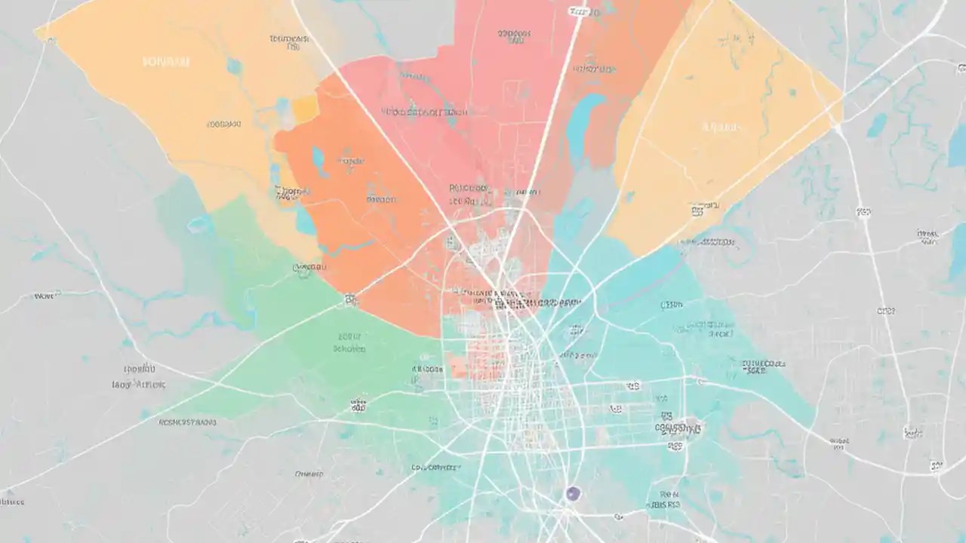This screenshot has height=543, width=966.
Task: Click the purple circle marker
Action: click(573, 494)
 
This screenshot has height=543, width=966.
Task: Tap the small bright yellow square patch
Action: click(305, 109)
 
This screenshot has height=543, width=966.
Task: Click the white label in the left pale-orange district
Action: click(166, 62)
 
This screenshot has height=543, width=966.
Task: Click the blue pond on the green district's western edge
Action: click(200, 224)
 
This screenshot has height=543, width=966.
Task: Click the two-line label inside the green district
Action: click(349, 343)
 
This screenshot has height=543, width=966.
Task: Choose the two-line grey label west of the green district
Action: click(136, 376)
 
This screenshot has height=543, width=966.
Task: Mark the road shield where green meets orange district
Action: click(350, 299)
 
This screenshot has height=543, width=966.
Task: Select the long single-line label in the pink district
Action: click(424, 112)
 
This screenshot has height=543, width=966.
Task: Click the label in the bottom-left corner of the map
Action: click(11, 502)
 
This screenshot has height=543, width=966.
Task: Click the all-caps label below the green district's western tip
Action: click(187, 422)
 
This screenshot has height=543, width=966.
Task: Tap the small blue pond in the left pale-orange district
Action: click(235, 66)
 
